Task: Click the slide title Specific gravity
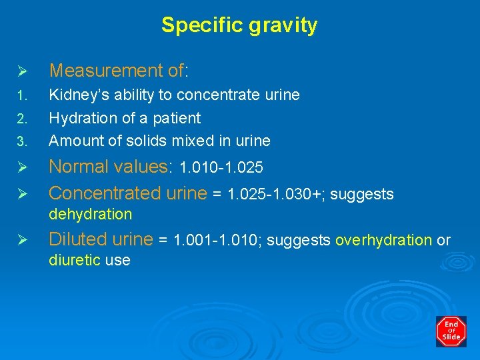[x=239, y=25]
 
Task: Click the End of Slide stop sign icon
[x=451, y=331]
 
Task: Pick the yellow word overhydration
[x=383, y=240]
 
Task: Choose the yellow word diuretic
[x=75, y=261]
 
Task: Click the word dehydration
[x=91, y=214]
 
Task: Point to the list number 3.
[x=21, y=141]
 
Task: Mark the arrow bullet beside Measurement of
[x=21, y=71]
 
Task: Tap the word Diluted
[x=75, y=239]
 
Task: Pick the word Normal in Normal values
[x=75, y=167]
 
